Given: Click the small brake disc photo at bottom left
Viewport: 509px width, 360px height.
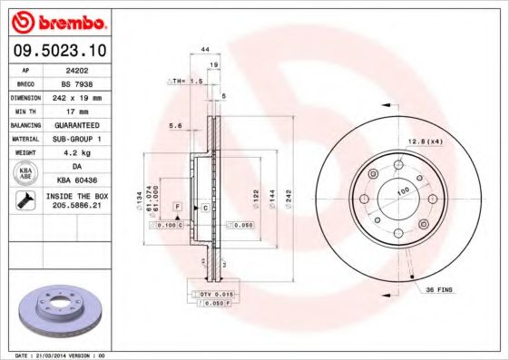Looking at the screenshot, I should click(63, 310).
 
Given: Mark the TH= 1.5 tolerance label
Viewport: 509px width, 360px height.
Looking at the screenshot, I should click(185, 81).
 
